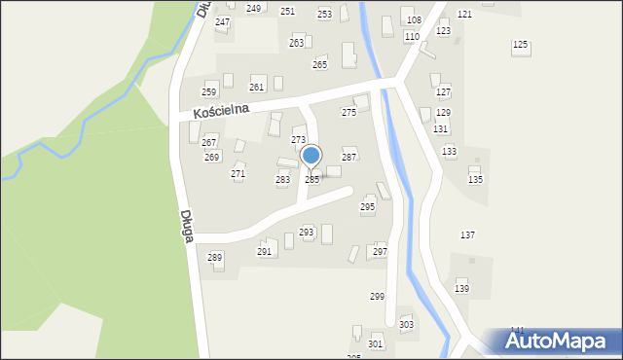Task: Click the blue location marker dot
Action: pos(311,155)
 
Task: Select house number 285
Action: pos(311,180)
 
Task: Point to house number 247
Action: pos(222,21)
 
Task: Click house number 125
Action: pos(520,45)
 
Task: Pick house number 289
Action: pos(215,257)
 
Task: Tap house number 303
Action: pos(406,324)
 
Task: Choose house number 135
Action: pos(475,180)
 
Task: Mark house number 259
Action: pos(208,91)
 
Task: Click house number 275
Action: pos(348,113)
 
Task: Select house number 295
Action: pos(367,206)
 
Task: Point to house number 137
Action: pos(467,235)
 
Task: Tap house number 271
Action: pos(238,173)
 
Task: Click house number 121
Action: pos(464,14)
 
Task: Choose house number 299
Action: pos(377,296)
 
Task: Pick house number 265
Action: pos(319,64)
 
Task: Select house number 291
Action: pos(264,251)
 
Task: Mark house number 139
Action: pos(461,289)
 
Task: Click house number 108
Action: pos(414,19)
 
